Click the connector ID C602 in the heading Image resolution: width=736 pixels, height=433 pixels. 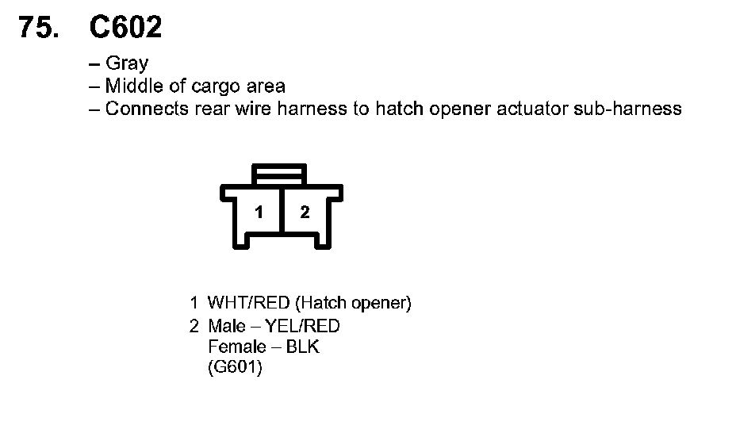(x=125, y=28)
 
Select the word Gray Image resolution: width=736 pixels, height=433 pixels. (x=127, y=64)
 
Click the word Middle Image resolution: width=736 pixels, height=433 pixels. (x=134, y=86)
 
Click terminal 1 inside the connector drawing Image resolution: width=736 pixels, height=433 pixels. (x=259, y=212)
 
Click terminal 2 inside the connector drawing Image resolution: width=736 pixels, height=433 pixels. (x=305, y=212)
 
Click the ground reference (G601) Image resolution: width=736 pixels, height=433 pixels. (x=235, y=369)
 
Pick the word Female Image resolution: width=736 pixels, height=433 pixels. (x=236, y=347)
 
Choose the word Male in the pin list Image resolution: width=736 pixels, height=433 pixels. (x=227, y=326)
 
